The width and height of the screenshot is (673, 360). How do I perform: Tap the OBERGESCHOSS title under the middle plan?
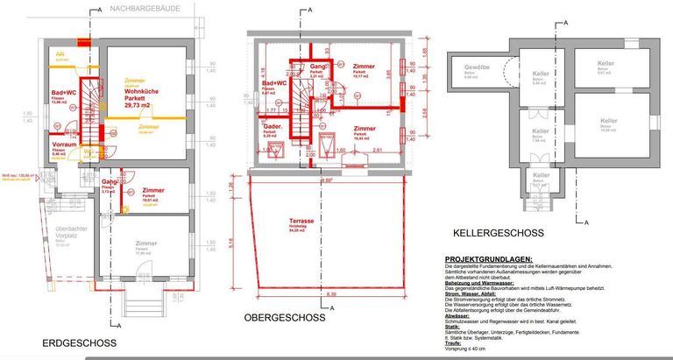[284, 317]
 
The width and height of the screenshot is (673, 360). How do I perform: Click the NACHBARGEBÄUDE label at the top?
[147, 8]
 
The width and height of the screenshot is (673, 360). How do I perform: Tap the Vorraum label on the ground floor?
[64, 145]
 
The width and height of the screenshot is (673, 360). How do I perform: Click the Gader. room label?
[270, 126]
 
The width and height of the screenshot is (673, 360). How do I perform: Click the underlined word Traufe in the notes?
[455, 342]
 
